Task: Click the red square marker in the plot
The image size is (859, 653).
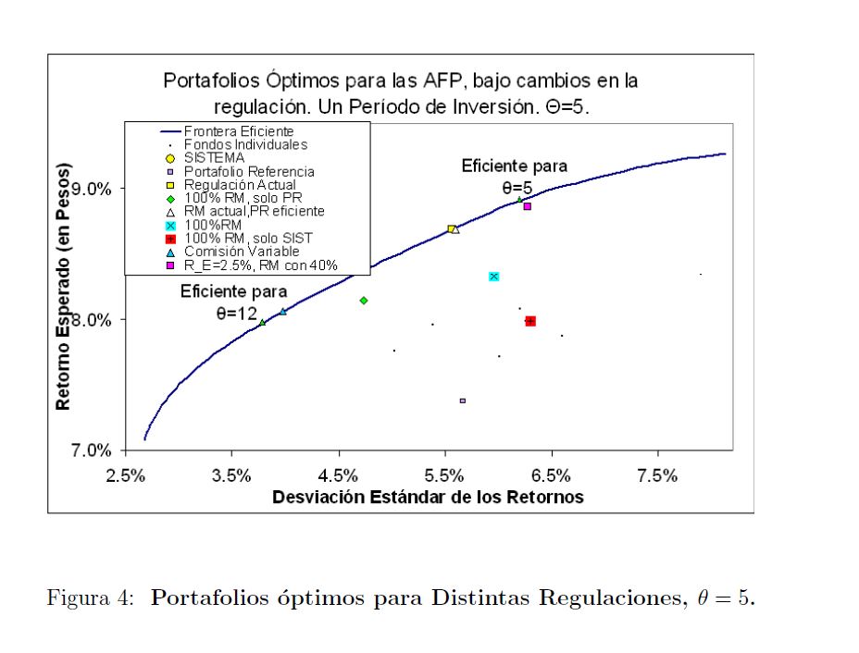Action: [530, 321]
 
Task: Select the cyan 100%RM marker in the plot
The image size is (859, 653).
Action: [493, 277]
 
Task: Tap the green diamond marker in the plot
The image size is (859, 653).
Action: [364, 300]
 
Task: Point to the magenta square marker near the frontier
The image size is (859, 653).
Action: [527, 206]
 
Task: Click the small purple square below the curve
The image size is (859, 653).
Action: [463, 400]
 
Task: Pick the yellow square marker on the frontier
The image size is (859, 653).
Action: [451, 228]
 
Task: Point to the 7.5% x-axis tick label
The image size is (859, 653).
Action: [658, 475]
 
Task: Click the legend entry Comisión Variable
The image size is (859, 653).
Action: [242, 251]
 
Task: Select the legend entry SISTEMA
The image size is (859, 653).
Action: [214, 158]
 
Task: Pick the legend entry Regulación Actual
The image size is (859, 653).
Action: [240, 185]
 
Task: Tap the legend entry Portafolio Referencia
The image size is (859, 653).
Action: [249, 171]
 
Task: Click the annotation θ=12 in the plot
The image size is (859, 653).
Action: [236, 314]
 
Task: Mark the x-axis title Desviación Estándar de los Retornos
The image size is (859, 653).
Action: [428, 498]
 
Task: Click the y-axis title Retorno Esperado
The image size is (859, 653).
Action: [64, 288]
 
